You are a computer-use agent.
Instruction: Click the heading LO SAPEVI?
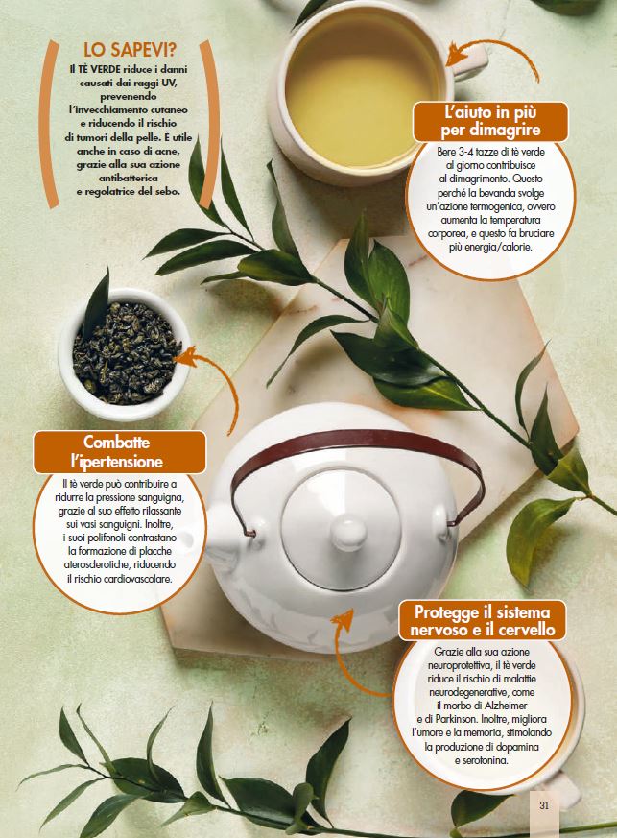point(130,50)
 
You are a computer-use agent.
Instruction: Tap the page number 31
point(544,804)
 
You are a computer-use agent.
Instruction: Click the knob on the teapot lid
point(348,534)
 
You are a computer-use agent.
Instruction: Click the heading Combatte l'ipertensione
point(120,451)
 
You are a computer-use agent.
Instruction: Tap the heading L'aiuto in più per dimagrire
point(490,121)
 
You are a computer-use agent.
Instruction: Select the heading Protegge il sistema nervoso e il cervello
point(483,620)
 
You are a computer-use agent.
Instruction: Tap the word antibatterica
point(129,178)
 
